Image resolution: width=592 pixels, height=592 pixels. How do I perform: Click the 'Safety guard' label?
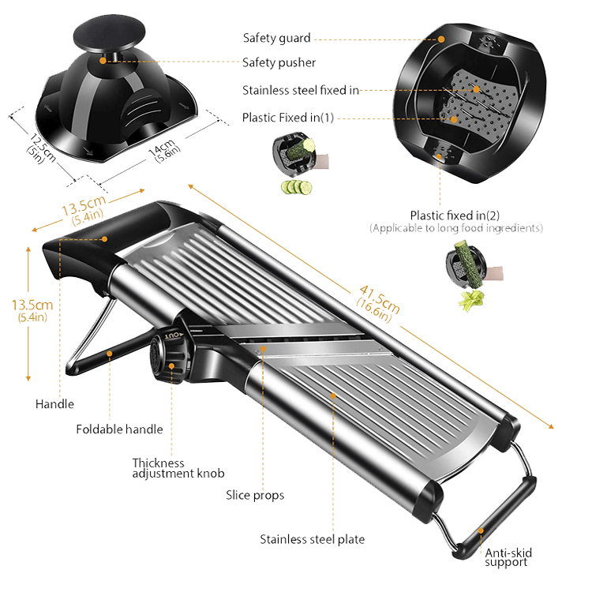click(x=277, y=38)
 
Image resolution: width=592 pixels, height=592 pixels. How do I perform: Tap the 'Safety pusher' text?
click(x=279, y=62)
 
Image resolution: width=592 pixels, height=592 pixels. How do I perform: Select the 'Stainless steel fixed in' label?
click(x=301, y=90)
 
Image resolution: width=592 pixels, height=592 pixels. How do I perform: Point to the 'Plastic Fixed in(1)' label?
click(x=288, y=118)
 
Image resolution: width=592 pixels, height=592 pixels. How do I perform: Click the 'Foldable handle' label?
click(x=119, y=429)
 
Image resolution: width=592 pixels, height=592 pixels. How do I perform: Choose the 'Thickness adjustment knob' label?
click(x=178, y=468)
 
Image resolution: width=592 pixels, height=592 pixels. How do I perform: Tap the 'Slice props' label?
click(x=255, y=495)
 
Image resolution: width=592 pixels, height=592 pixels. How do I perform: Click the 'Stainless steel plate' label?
click(x=313, y=539)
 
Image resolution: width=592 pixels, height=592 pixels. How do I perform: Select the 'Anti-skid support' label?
click(x=508, y=557)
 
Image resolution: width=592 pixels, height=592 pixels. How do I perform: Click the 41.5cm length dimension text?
click(x=377, y=304)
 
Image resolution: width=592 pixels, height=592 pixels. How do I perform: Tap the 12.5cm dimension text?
click(x=41, y=149)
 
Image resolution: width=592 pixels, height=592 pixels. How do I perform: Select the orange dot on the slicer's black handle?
click(x=104, y=239)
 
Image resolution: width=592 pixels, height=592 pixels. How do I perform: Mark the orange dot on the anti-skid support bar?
click(x=481, y=530)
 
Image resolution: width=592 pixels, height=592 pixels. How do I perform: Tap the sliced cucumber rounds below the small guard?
click(x=297, y=187)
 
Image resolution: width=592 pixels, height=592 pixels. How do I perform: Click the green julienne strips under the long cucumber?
click(x=470, y=300)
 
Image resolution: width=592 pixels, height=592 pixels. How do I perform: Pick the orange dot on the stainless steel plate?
click(x=333, y=395)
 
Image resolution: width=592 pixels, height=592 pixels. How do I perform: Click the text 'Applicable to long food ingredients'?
click(x=456, y=228)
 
